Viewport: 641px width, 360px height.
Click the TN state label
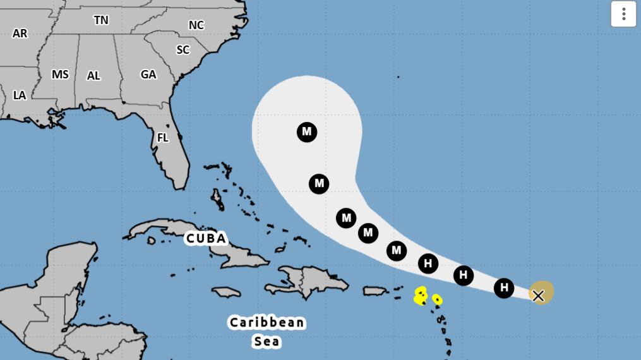tap(101, 20)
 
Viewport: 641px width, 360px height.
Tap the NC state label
tap(196, 25)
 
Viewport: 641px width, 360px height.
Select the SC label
tap(183, 50)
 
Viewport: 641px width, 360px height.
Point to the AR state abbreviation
tap(20, 33)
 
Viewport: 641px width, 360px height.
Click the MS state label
tap(60, 75)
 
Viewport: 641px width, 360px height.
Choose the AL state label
tap(93, 76)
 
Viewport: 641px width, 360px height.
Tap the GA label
tap(148, 75)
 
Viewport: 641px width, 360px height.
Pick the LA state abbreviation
tap(20, 95)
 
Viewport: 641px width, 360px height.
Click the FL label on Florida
tap(163, 138)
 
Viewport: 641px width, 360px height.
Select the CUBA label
tap(206, 239)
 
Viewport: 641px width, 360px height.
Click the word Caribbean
tap(267, 323)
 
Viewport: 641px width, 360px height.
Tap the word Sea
tap(267, 342)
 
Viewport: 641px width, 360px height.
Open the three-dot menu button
tap(623, 14)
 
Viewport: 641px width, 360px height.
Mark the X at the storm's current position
tap(538, 296)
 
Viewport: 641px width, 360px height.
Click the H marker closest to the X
tap(503, 288)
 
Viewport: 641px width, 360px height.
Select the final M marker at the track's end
tap(307, 132)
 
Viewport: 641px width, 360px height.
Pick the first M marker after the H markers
tap(396, 251)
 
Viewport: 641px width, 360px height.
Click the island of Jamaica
tap(226, 292)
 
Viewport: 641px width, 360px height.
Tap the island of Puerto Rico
tap(375, 291)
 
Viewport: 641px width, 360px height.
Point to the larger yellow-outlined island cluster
tap(421, 296)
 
